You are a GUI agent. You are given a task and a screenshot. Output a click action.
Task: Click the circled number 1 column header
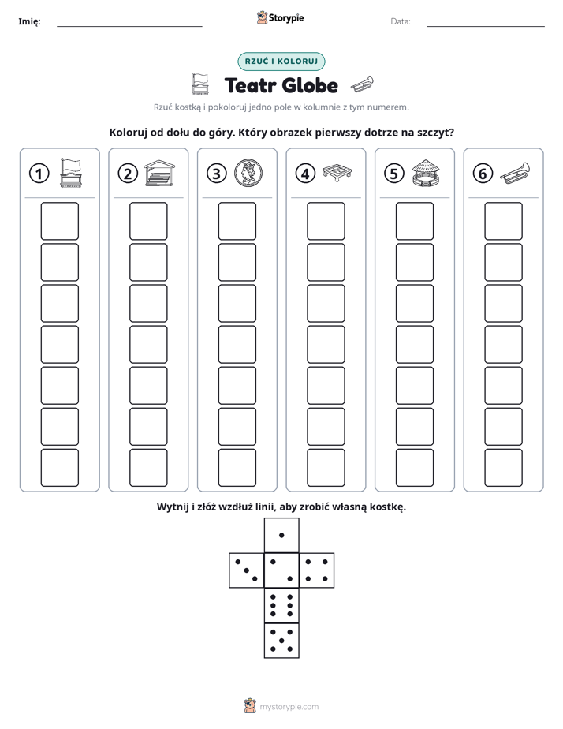(x=39, y=174)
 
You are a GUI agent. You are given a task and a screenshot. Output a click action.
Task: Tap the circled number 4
(x=305, y=174)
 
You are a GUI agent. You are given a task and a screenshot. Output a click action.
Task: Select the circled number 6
(x=483, y=174)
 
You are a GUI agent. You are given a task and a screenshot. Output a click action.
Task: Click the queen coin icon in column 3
(x=248, y=173)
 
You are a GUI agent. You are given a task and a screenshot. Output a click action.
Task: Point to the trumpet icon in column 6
(x=515, y=173)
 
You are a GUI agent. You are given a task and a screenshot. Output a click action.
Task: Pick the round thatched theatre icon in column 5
(x=426, y=173)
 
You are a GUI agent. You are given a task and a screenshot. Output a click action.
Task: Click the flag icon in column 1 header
(x=71, y=173)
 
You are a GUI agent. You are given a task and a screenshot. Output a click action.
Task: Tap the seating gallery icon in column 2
(x=159, y=173)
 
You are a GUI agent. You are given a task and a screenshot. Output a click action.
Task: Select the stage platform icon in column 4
(x=337, y=173)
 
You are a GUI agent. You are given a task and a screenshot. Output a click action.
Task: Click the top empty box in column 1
(x=59, y=221)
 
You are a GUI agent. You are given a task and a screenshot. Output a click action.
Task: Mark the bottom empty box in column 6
(x=503, y=468)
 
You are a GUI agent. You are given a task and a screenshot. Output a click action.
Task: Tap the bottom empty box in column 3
(x=237, y=468)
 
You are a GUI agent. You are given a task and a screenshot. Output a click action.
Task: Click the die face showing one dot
(x=281, y=535)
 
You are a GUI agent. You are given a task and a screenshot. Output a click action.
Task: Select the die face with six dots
(x=281, y=605)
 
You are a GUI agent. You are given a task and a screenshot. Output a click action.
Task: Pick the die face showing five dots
(x=281, y=641)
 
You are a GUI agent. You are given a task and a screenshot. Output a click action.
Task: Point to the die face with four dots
(x=317, y=570)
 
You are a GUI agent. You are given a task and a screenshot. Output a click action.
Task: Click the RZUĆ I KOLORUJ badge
(x=281, y=62)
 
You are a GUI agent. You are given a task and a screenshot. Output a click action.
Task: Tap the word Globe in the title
(x=310, y=85)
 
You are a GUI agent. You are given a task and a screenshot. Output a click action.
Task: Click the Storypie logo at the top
(x=280, y=18)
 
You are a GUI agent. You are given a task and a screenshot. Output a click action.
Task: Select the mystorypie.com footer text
(x=289, y=707)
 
